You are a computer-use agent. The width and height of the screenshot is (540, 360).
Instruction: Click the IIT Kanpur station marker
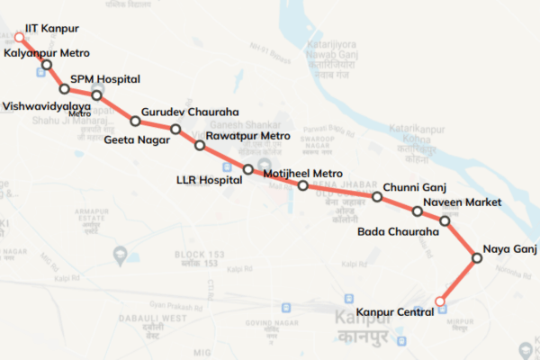pyautogui.click(x=20, y=38)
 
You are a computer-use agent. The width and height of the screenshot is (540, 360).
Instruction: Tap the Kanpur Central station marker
pyautogui.click(x=439, y=301)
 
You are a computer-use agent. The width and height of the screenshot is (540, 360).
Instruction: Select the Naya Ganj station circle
pyautogui.click(x=478, y=258)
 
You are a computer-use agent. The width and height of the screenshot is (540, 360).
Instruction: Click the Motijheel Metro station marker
pyautogui.click(x=303, y=186)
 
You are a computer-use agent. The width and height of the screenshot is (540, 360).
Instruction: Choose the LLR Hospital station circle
pyautogui.click(x=247, y=169)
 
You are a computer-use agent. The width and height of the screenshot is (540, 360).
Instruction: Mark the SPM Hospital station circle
pyautogui.click(x=96, y=95)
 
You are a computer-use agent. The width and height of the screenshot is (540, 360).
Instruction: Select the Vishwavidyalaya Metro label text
pyautogui.click(x=47, y=107)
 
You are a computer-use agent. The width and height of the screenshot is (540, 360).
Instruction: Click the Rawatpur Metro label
pyautogui.click(x=247, y=137)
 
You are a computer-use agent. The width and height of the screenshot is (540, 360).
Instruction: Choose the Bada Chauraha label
pyautogui.click(x=398, y=232)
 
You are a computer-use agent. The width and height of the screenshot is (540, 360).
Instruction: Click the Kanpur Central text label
pyautogui.click(x=395, y=312)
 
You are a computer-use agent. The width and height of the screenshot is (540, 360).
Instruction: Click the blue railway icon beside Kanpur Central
pyautogui.click(x=442, y=311)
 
